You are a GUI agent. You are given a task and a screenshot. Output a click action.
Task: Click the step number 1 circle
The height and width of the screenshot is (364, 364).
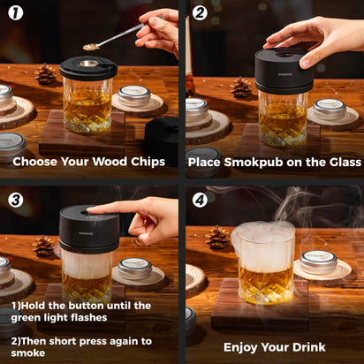tap(15, 13)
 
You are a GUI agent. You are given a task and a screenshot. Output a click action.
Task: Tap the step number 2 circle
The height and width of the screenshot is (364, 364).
tap(200, 13)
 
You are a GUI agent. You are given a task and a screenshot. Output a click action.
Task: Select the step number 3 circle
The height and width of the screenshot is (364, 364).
tap(15, 199)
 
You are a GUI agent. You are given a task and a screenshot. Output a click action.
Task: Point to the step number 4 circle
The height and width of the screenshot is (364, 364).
tap(200, 199)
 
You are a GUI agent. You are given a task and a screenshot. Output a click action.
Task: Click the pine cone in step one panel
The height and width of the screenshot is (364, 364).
tap(45, 75)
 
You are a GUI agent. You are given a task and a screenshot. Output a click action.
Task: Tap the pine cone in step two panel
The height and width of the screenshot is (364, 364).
tap(240, 87)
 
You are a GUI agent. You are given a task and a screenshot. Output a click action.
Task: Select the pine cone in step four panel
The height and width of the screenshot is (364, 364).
tap(216, 237)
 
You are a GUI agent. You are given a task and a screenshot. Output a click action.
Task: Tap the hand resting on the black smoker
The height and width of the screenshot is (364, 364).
tap(309, 39)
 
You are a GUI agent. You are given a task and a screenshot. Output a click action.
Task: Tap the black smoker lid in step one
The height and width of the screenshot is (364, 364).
tap(87, 67)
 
